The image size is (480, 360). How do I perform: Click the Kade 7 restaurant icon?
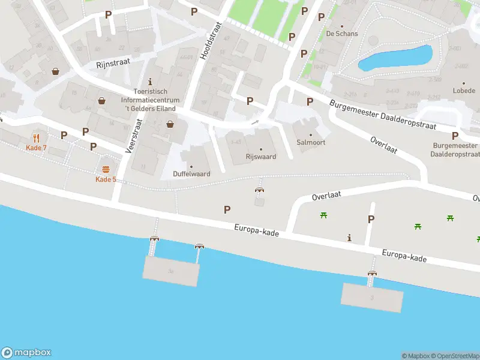click(x=36, y=137)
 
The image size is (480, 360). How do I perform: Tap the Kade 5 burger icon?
click(x=106, y=169)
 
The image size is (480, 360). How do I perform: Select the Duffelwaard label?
click(x=191, y=174)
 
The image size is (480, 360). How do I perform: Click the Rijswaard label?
click(x=260, y=157)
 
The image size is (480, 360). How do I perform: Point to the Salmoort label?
click(x=310, y=142)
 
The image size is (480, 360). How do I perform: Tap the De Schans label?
click(x=342, y=34)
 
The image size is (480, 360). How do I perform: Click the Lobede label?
click(x=464, y=91)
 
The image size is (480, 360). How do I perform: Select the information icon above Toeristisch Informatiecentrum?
click(x=150, y=82)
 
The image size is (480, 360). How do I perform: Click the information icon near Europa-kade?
click(x=350, y=238)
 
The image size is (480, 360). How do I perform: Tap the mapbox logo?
click(x=26, y=353)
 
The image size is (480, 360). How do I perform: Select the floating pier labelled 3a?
click(x=171, y=272)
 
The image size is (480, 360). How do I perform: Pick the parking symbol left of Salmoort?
click(x=310, y=102)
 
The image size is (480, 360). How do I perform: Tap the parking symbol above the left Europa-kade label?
click(x=227, y=209)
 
